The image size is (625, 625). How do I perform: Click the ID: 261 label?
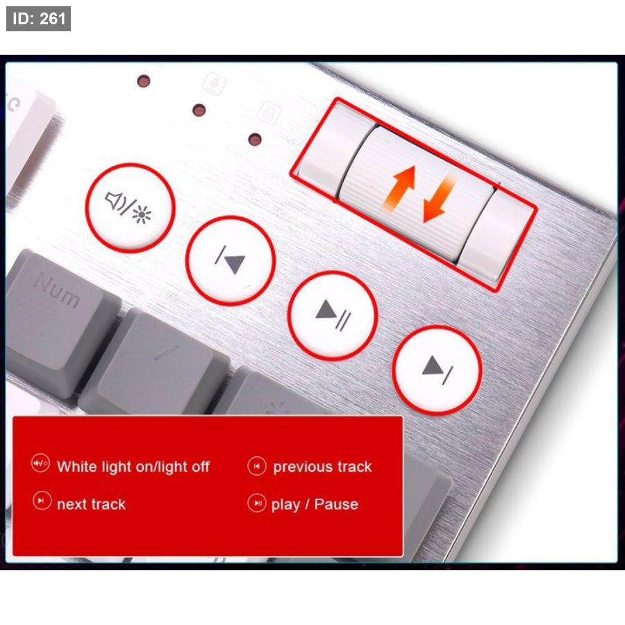click(x=38, y=19)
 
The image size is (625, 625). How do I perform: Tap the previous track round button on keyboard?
click(x=231, y=260)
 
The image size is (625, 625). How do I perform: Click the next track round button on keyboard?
click(x=437, y=369)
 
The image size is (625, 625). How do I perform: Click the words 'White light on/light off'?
click(x=133, y=467)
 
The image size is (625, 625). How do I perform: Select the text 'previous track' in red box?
click(x=322, y=467)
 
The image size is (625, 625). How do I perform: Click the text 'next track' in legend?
click(x=91, y=504)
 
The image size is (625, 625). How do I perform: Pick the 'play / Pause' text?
click(x=315, y=505)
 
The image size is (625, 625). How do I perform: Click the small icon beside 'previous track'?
click(x=257, y=466)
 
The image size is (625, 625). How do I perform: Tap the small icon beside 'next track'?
click(x=42, y=501)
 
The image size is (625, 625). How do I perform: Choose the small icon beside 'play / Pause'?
click(x=257, y=503)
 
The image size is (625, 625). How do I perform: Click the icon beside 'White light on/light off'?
click(x=40, y=463)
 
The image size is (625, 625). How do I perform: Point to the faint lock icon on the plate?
click(x=269, y=112)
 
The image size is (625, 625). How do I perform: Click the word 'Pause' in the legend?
click(x=336, y=504)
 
